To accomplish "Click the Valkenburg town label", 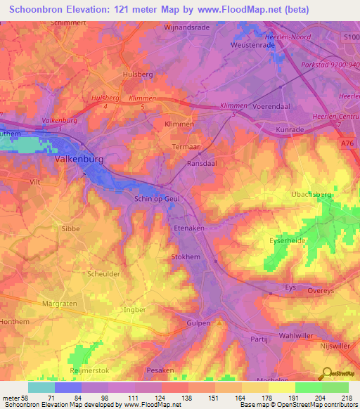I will click(79, 160).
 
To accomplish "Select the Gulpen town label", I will click(199, 322).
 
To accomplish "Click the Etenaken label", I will click(188, 228).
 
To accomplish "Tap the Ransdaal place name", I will click(202, 163).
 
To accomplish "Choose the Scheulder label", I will click(103, 274).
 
